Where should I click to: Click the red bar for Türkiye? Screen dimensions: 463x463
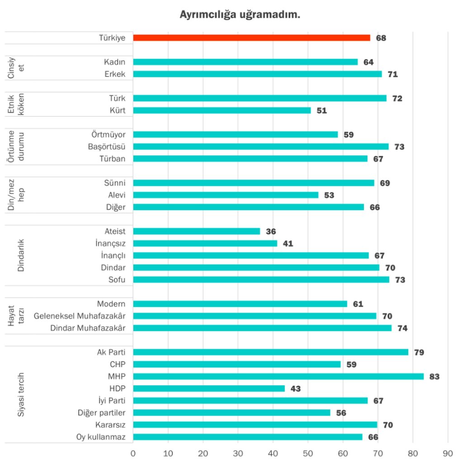pyautogui.click(x=251, y=38)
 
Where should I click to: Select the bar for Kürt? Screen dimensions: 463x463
pyautogui.click(x=222, y=110)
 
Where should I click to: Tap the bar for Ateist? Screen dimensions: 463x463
pyautogui.click(x=197, y=231)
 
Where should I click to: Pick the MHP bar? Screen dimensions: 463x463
pyautogui.click(x=279, y=376)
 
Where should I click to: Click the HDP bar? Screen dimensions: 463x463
pyautogui.click(x=209, y=388)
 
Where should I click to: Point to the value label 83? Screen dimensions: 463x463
pyautogui.click(x=435, y=377)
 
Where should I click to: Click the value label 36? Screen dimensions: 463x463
pyautogui.click(x=271, y=231)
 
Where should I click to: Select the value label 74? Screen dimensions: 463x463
pyautogui.click(x=402, y=328)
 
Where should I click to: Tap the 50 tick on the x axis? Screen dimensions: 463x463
pyautogui.click(x=308, y=454)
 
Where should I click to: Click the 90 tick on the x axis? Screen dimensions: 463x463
pyautogui.click(x=448, y=454)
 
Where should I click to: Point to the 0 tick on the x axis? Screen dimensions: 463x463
pyautogui.click(x=133, y=454)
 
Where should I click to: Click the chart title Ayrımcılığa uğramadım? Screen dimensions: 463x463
pyautogui.click(x=240, y=15)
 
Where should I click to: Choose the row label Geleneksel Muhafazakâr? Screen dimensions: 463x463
pyautogui.click(x=80, y=316)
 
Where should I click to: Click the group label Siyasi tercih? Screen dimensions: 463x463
pyautogui.click(x=20, y=394)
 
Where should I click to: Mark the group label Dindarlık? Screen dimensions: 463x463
pyautogui.click(x=20, y=255)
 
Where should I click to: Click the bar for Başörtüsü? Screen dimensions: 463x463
pyautogui.click(x=261, y=146)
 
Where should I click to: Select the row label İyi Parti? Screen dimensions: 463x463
pyautogui.click(x=112, y=401)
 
